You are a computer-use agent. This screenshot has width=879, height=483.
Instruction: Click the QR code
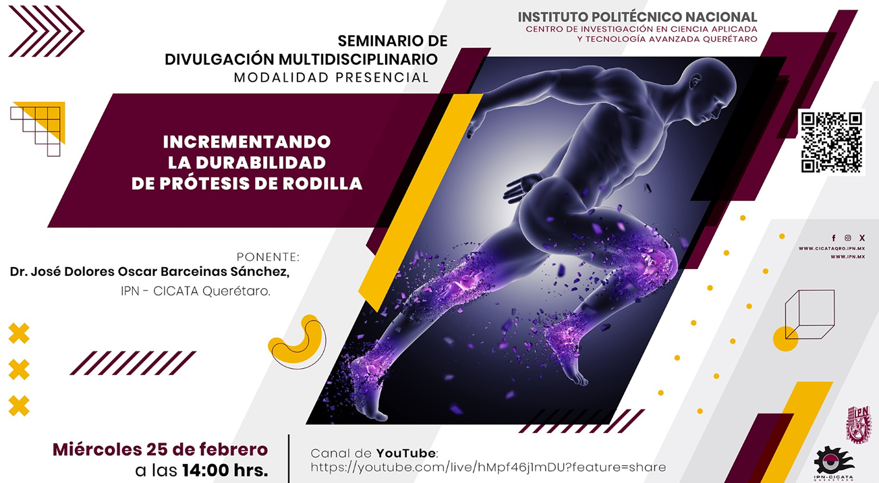tap(831, 142)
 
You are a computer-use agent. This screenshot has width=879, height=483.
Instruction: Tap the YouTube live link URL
tap(488, 467)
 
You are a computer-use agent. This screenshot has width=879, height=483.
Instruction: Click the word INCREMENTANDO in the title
tap(247, 142)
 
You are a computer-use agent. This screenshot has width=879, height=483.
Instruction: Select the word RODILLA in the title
tap(322, 183)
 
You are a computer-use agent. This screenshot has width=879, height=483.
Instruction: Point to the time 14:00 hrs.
tap(225, 470)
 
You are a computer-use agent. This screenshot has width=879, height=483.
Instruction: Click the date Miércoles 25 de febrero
tap(160, 449)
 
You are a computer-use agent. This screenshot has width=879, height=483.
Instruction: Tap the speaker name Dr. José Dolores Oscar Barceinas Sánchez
tap(150, 271)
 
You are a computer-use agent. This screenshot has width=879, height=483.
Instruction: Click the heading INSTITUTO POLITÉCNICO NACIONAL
tap(637, 17)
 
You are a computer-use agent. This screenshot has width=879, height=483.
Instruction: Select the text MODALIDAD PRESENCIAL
tap(331, 78)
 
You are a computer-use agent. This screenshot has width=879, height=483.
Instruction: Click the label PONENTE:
tap(267, 257)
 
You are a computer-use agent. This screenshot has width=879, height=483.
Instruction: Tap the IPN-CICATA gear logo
tap(833, 461)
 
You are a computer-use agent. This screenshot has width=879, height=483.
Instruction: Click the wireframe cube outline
tap(810, 314)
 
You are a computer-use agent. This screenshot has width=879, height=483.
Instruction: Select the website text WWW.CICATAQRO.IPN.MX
tap(832, 249)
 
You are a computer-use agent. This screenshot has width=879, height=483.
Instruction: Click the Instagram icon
tap(848, 238)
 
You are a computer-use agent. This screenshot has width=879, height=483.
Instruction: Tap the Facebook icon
tap(834, 238)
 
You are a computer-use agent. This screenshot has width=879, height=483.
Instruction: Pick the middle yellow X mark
tap(20, 370)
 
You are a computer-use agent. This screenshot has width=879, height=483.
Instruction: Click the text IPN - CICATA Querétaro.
tap(190, 292)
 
